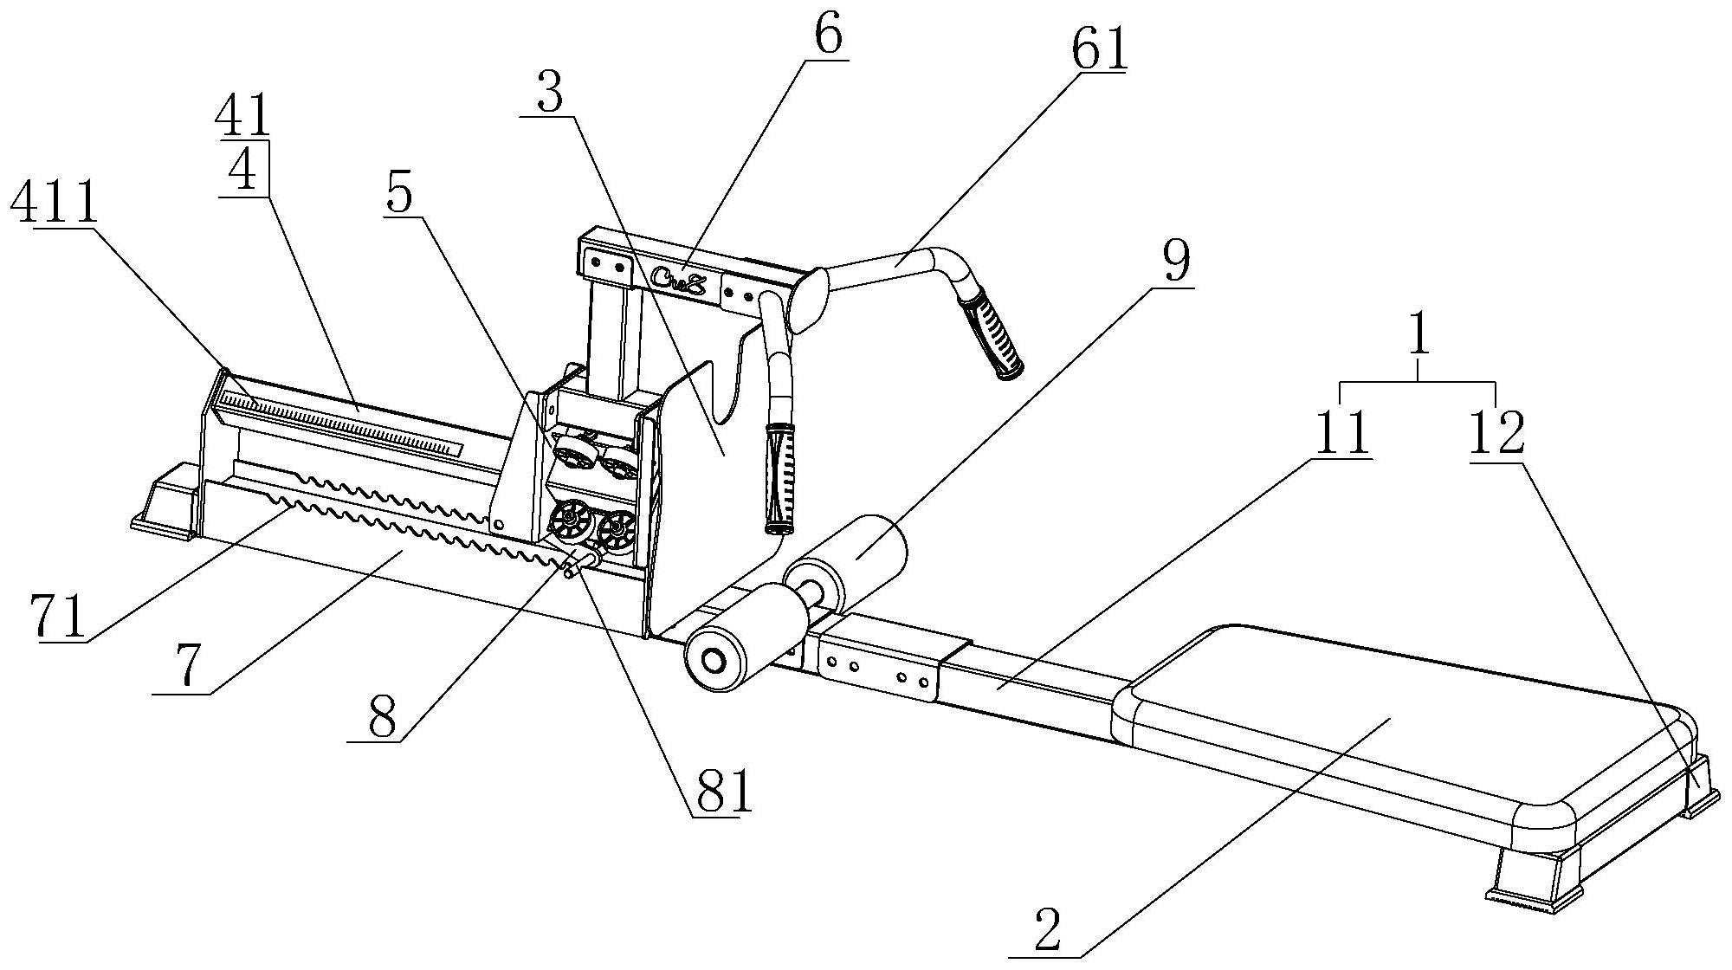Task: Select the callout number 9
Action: pyautogui.click(x=1175, y=261)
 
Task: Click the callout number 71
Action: pyautogui.click(x=58, y=617)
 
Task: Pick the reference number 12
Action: pyautogui.click(x=1496, y=434)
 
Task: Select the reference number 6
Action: pyautogui.click(x=827, y=35)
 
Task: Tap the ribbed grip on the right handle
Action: pyautogui.click(x=992, y=334)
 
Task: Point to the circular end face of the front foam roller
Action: pyautogui.click(x=714, y=662)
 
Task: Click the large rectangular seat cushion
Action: pyautogui.click(x=1403, y=734)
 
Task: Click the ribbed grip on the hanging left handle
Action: pyautogui.click(x=780, y=478)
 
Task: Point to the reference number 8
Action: pyautogui.click(x=382, y=716)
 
